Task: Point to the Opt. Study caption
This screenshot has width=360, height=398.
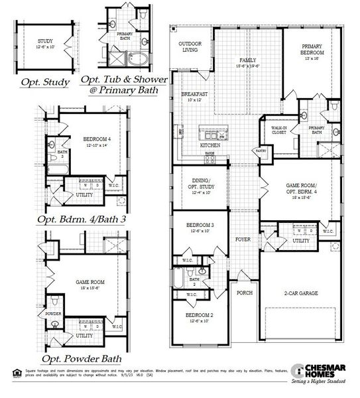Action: pyautogui.click(x=45, y=82)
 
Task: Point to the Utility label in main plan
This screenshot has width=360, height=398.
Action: pyautogui.click(x=300, y=241)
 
